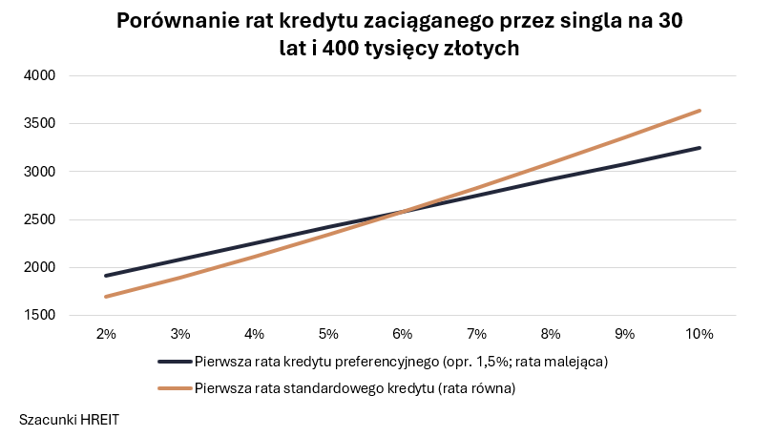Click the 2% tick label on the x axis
click(106, 334)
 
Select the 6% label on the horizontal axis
click(402, 334)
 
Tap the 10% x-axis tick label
click(700, 334)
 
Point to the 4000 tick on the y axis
click(42, 76)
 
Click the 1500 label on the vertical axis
click(42, 316)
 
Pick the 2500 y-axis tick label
click(42, 219)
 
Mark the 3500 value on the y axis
click(42, 124)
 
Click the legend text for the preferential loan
click(401, 362)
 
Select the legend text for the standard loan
click(355, 388)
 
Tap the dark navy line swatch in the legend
click(175, 362)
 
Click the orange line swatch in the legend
click(175, 388)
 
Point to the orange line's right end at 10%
click(700, 111)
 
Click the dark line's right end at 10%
click(700, 148)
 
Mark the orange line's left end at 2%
click(106, 297)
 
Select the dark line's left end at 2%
click(106, 276)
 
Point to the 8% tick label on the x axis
click(551, 334)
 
